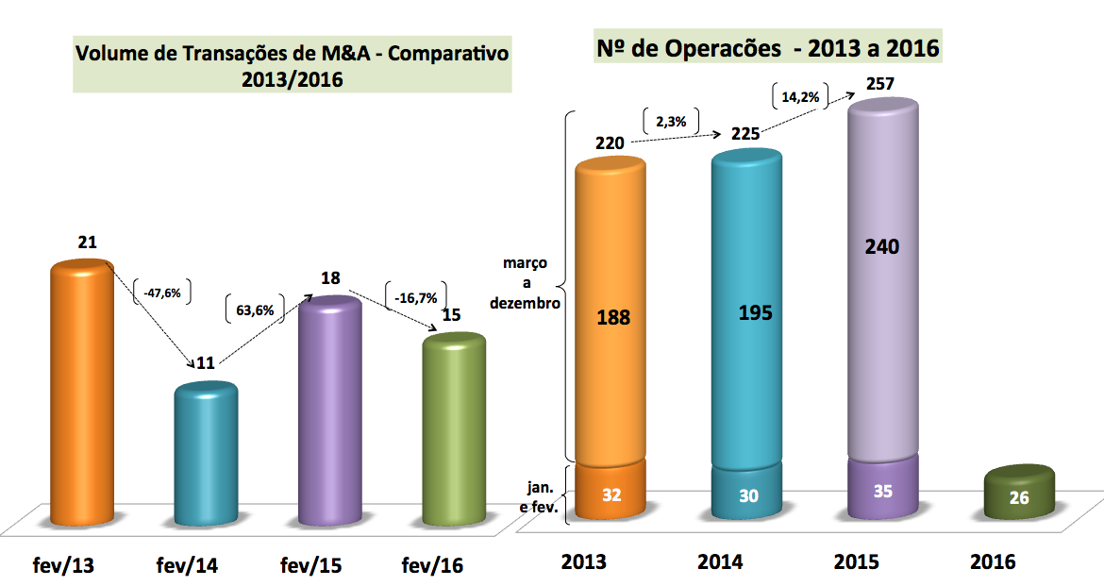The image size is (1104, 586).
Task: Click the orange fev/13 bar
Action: pos(82,396)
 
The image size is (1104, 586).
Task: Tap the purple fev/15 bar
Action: pos(329,415)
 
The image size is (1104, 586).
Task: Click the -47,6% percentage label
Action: pos(162,293)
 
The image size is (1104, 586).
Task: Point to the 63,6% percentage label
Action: pos(253,308)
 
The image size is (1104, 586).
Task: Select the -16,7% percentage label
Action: pos(415,297)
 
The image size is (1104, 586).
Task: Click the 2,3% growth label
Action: pos(671,120)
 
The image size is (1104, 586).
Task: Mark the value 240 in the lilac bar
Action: pos(883,246)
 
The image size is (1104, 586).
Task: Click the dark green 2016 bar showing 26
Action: pos(1019,493)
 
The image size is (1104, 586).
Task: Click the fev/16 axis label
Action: pos(433,566)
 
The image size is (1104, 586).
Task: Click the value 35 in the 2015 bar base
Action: pos(883,493)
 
